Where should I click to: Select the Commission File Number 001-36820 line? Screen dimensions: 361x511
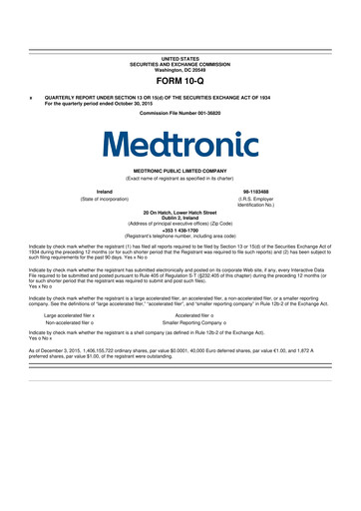tap(180, 113)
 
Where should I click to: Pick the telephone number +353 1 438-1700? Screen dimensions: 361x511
tap(180, 227)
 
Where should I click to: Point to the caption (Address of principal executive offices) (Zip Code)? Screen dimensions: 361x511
tap(180, 221)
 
